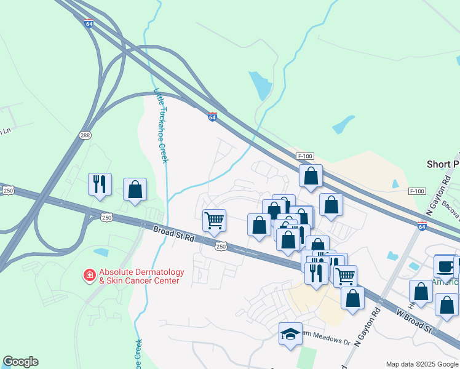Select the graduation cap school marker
click(290, 334)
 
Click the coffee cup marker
click(445, 266)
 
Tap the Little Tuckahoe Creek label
click(161, 126)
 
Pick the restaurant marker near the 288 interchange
click(100, 184)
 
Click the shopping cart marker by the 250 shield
click(214, 221)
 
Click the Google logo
click(20, 362)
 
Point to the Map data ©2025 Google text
click(422, 364)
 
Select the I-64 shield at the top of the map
click(89, 23)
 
